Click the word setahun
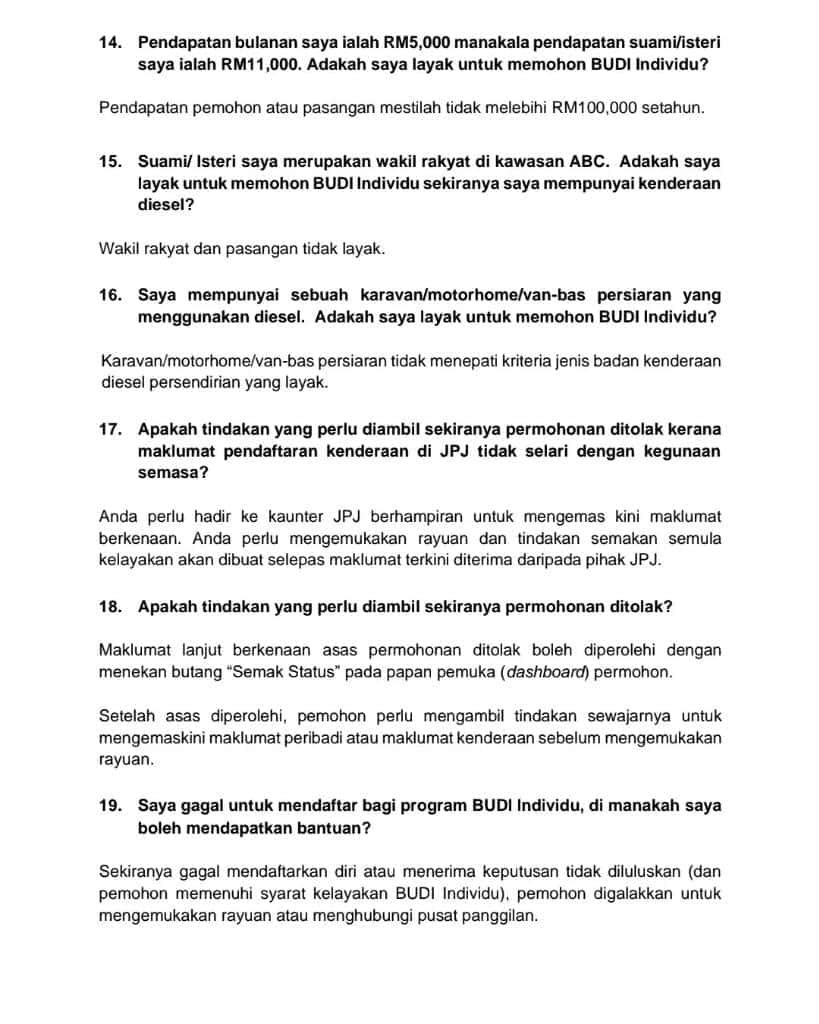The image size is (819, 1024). click(x=673, y=107)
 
